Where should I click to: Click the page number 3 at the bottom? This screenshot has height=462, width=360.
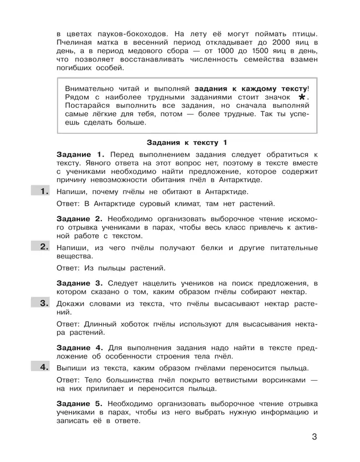(x=314, y=437)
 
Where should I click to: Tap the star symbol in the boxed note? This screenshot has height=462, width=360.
(x=302, y=97)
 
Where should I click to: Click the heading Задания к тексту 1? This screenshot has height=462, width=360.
(x=187, y=142)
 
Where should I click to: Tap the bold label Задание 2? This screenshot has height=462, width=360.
(x=80, y=219)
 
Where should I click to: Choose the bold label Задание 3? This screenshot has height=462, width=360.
(x=80, y=283)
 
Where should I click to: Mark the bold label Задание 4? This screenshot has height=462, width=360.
(x=80, y=347)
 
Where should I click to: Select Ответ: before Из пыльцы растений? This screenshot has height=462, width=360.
(x=69, y=268)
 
